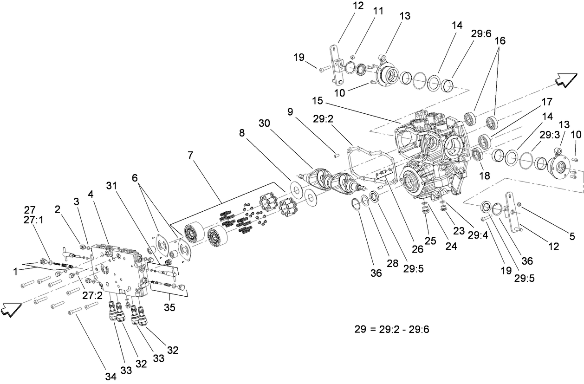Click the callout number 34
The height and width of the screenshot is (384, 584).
pyautogui.click(x=110, y=377)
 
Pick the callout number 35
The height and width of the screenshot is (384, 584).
pyautogui.click(x=170, y=307)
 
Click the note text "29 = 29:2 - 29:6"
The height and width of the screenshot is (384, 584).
pyautogui.click(x=392, y=330)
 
